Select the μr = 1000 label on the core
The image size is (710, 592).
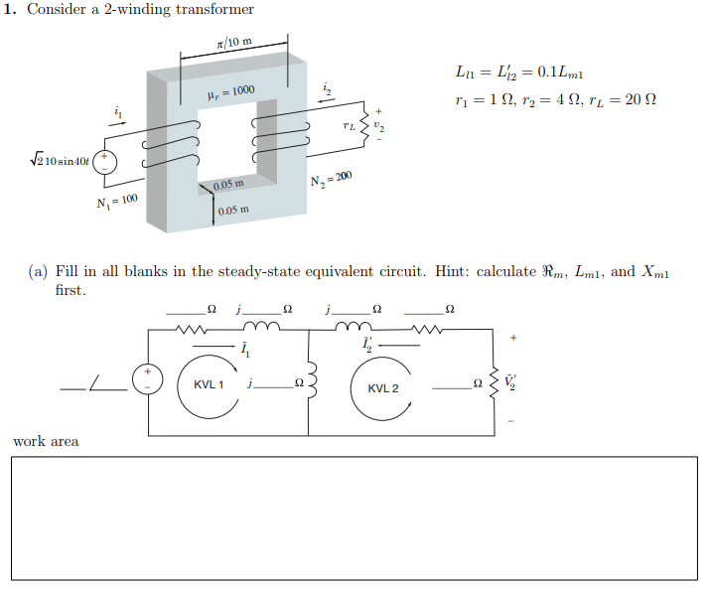tap(230, 91)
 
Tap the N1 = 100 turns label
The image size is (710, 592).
tap(117, 203)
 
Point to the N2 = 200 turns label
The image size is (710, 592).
tap(331, 179)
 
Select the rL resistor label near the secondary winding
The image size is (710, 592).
tap(347, 126)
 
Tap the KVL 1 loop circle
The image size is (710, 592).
tap(209, 386)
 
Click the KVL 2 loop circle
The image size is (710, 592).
tap(382, 386)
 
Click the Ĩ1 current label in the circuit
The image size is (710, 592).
tap(244, 350)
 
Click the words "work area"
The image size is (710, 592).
tap(46, 441)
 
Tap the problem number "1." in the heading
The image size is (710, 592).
tap(12, 10)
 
